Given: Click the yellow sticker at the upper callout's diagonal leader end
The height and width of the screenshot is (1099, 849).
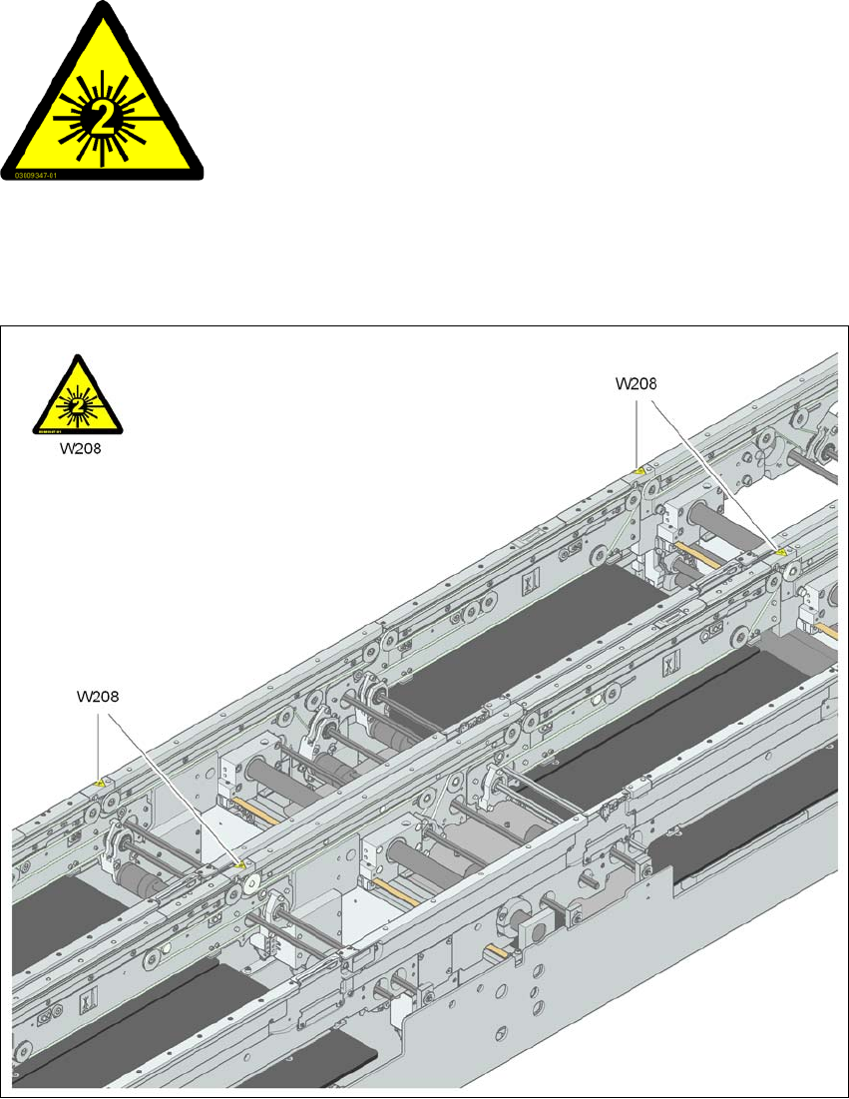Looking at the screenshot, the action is pos(782,550).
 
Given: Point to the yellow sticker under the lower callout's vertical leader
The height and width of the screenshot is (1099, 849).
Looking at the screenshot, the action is pos(100,783).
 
